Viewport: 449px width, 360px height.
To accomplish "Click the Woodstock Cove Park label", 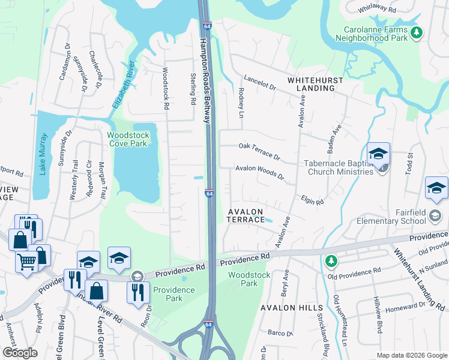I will pos(128,139).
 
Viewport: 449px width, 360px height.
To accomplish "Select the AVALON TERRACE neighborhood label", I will pos(246,215).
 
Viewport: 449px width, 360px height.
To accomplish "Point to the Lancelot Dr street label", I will pos(259,83).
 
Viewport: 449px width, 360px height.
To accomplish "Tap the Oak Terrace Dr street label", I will pos(259,150).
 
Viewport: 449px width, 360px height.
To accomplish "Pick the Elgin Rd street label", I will pos(312,201).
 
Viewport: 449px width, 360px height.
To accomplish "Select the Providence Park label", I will pos(173,294).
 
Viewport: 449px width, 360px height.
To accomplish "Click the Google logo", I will pos(19,353).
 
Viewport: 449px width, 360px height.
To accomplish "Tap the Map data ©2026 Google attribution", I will pos(411,355).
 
